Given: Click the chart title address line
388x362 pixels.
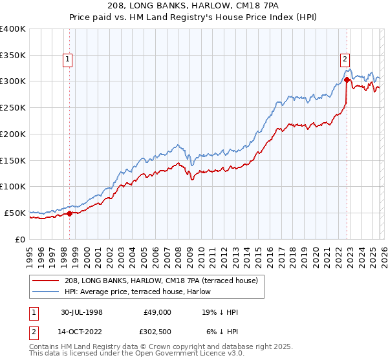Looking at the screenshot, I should [x=193, y=6].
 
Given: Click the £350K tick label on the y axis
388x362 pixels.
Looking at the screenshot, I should [x=13, y=56].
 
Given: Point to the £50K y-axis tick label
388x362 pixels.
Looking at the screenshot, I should [x=15, y=213].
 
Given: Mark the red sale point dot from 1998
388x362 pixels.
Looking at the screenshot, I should [x=70, y=213].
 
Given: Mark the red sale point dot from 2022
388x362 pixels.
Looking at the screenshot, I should [x=347, y=80].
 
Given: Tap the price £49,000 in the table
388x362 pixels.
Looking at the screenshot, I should [x=157, y=312].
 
